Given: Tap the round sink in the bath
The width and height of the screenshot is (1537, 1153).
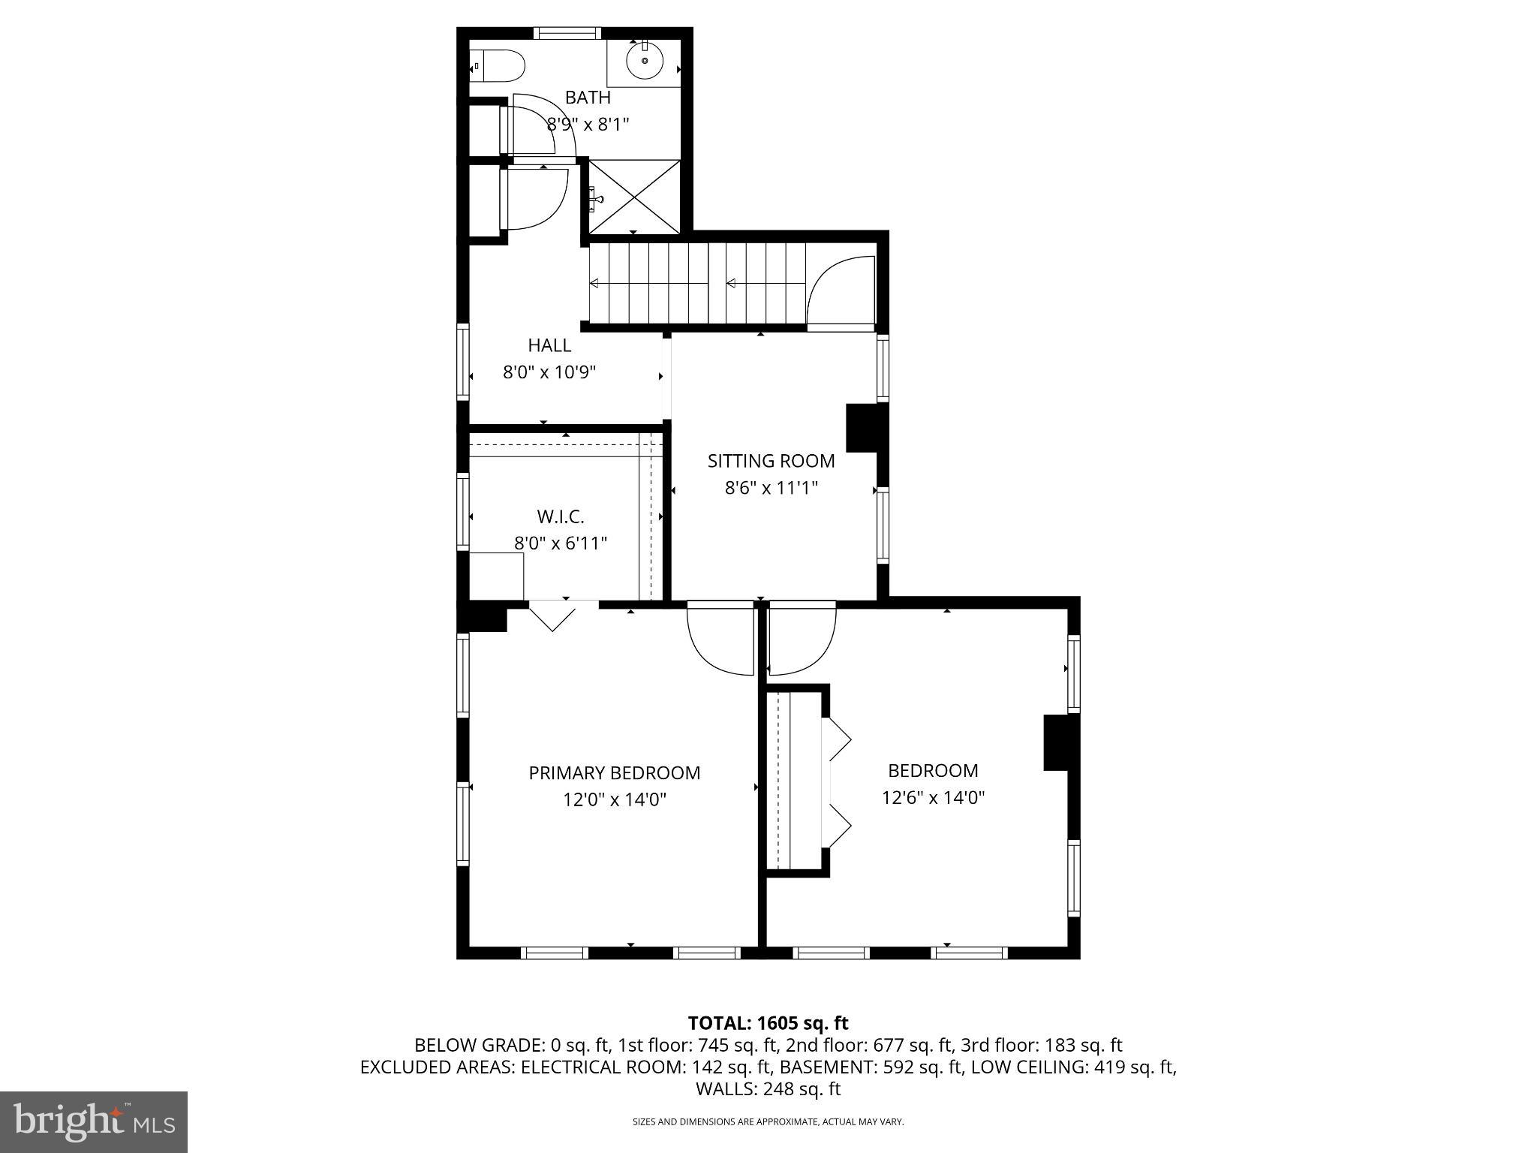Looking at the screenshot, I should (x=645, y=61).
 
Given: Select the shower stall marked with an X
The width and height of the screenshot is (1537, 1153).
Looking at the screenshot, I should (x=635, y=197).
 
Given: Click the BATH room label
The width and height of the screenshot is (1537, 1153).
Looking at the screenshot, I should (x=588, y=98).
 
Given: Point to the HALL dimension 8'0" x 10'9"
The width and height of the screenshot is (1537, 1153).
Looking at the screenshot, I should (x=549, y=372).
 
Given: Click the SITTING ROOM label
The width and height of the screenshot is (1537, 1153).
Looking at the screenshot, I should (x=771, y=461).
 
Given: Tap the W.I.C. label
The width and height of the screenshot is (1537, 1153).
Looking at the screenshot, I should (x=561, y=516).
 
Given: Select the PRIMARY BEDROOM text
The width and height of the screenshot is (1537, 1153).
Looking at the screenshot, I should (x=614, y=773).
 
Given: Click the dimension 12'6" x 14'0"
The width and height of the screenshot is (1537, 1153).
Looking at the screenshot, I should (x=933, y=797).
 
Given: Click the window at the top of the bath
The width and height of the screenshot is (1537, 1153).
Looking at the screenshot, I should (x=567, y=33).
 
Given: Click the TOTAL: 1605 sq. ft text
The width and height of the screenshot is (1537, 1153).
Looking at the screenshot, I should (x=768, y=1022).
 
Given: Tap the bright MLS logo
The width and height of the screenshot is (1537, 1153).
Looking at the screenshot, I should (x=94, y=1121).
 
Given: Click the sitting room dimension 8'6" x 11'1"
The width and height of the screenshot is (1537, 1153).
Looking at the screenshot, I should (x=771, y=488).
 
